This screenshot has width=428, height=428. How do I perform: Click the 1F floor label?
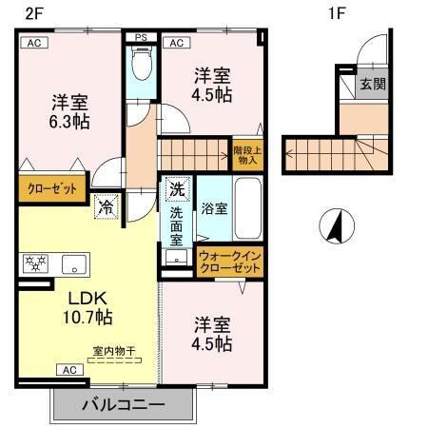[335, 12]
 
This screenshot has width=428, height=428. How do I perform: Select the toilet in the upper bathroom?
[142, 66]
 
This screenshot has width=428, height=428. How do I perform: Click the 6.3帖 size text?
[69, 122]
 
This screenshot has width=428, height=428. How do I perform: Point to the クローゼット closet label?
[52, 188]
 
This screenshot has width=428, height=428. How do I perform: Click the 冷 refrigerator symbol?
[103, 204]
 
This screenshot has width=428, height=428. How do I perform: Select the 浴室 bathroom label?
[213, 207]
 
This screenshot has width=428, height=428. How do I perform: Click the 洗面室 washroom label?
[176, 225]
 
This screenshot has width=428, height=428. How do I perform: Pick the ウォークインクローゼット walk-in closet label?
[229, 263]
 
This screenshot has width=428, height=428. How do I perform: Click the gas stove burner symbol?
[36, 263]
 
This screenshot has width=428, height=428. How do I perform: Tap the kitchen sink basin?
[74, 263]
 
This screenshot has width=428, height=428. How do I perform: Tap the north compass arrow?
[334, 226]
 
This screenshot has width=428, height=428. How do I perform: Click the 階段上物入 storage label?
[245, 155]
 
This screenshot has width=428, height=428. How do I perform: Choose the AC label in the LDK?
[69, 369]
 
